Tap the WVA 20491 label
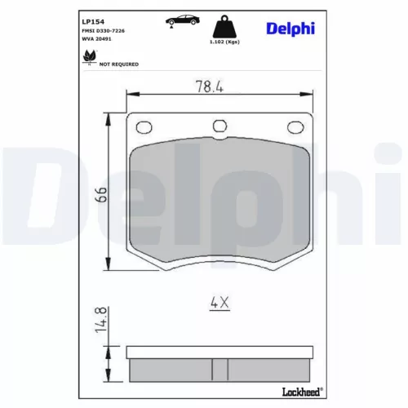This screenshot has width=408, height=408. (x=98, y=38)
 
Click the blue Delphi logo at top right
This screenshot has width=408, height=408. (x=288, y=29)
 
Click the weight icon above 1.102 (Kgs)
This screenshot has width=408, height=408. (x=221, y=24)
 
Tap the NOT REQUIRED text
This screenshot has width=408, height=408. (x=119, y=64)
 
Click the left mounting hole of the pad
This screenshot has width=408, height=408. (x=144, y=126)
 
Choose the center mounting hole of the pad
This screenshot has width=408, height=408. (x=218, y=126)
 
